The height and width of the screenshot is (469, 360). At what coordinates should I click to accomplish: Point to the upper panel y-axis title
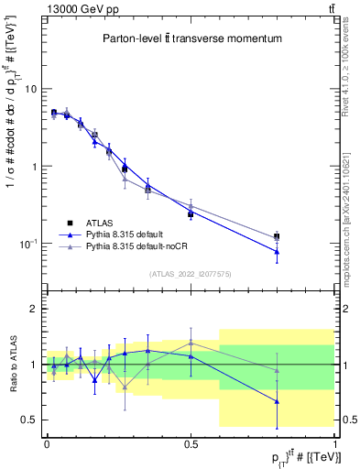click(x=10, y=156)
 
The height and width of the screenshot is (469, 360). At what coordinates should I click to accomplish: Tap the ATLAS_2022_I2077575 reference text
click(x=190, y=274)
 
